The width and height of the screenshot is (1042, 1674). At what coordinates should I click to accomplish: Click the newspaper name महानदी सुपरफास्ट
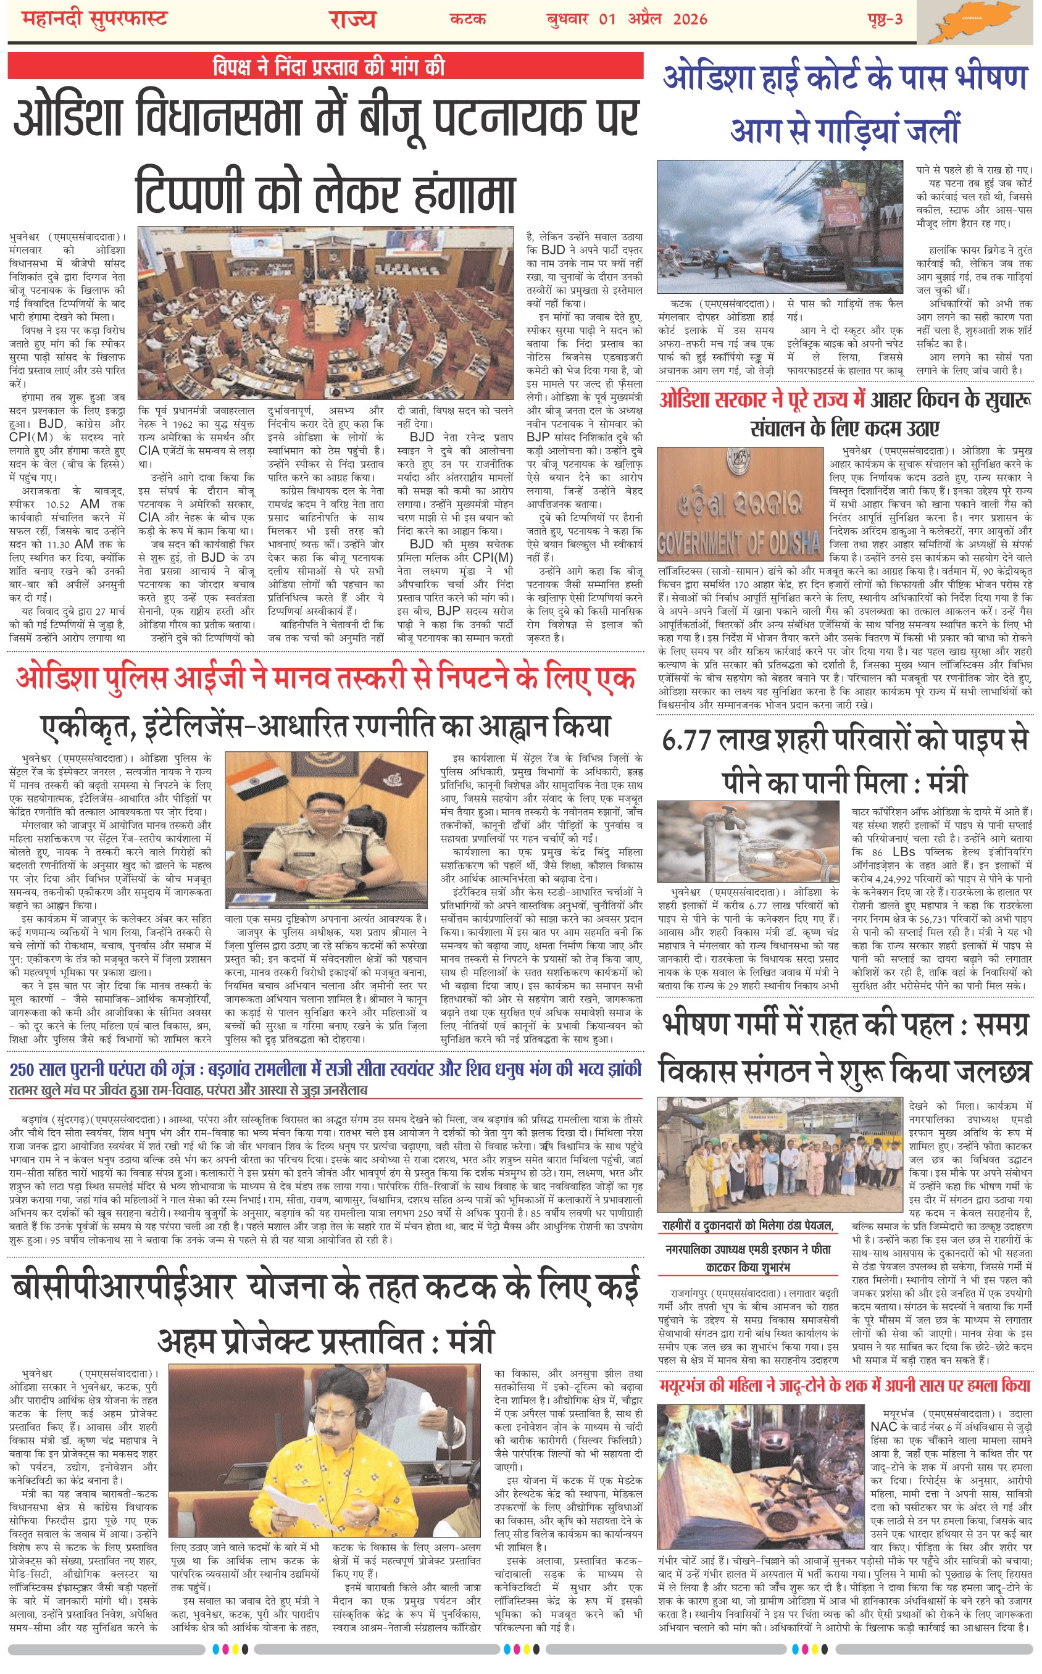(x=94, y=19)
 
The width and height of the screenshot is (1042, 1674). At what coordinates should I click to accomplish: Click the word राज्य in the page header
(x=351, y=19)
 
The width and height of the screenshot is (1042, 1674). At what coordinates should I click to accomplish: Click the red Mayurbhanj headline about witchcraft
(x=844, y=1385)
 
